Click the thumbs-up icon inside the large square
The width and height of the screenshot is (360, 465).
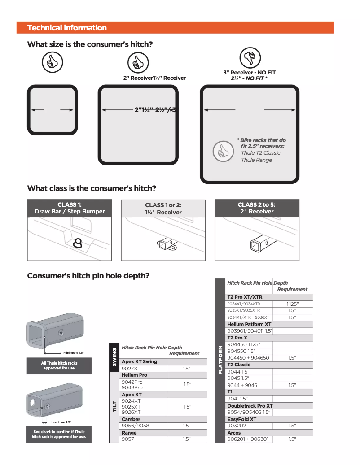221,152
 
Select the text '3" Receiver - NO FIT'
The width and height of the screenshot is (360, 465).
249,73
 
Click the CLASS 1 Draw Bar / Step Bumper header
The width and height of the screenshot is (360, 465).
69,208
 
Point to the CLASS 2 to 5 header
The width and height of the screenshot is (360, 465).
257,208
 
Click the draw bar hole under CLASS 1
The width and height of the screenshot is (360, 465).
78,243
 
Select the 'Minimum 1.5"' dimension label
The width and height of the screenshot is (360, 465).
74,353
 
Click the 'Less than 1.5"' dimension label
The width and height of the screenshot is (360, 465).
61,422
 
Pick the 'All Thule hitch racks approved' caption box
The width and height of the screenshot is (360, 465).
59,365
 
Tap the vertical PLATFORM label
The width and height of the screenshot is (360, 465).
220,360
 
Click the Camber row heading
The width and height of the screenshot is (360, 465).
131,419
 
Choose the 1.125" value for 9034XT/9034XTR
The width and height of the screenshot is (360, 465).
292,304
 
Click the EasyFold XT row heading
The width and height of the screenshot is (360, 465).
241,419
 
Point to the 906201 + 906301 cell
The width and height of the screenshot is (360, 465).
248,439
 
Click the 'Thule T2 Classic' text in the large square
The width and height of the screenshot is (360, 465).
260,153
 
